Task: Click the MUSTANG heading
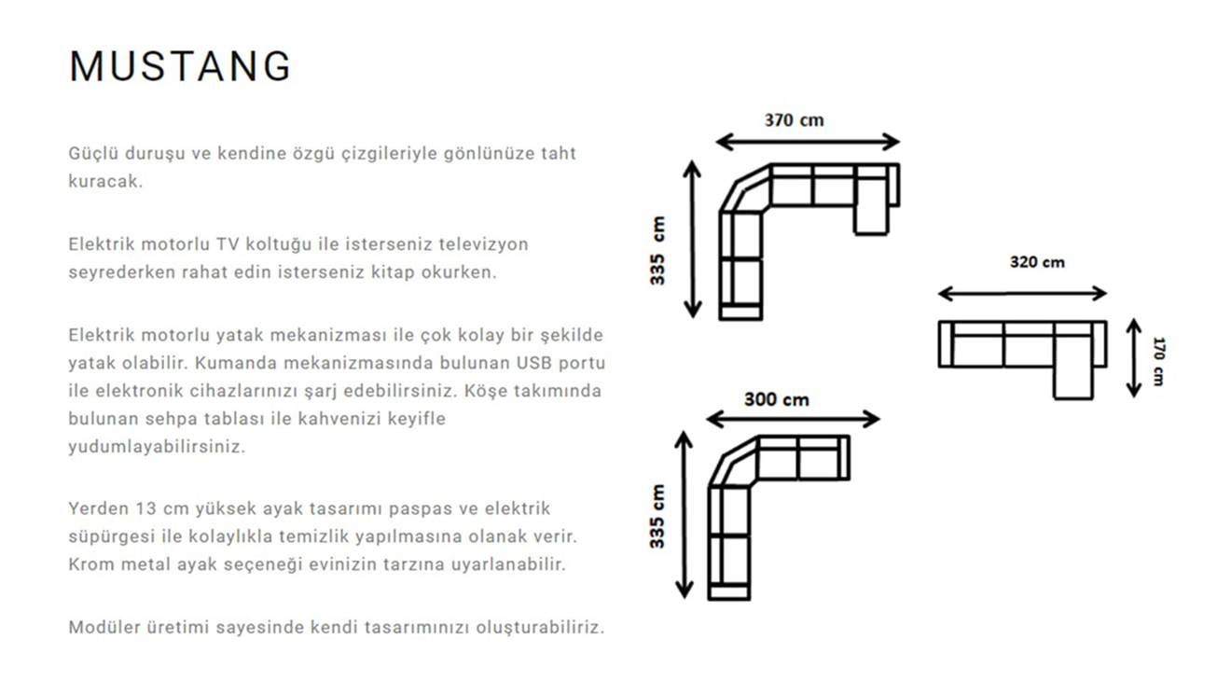tap(180, 66)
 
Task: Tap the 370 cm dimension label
tap(794, 120)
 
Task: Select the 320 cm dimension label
tap(1036, 262)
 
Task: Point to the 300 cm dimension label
tap(776, 399)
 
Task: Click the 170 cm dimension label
tap(1158, 360)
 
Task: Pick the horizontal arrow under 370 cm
tap(808, 142)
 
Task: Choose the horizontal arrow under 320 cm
tap(1022, 294)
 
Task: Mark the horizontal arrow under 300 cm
tap(793, 419)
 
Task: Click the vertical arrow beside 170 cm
tap(1134, 357)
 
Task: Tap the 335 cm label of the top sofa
tap(658, 251)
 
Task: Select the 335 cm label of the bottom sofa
tap(657, 516)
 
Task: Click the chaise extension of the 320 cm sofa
tap(1072, 380)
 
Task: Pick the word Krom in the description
tap(90, 564)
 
